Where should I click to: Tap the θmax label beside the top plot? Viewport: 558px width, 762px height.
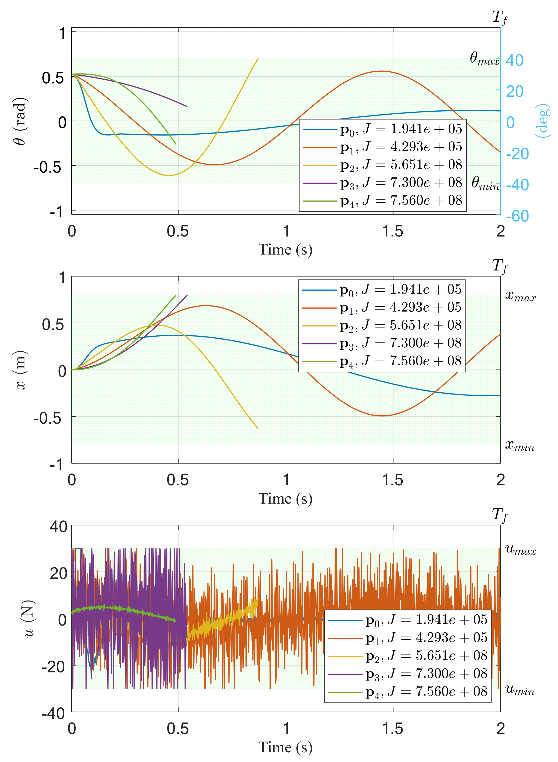pyautogui.click(x=484, y=58)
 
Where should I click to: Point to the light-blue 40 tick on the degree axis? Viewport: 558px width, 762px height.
pyautogui.click(x=514, y=61)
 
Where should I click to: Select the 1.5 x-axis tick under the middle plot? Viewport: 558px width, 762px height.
pyautogui.click(x=393, y=480)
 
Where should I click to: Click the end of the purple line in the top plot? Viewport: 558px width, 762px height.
pyautogui.click(x=187, y=106)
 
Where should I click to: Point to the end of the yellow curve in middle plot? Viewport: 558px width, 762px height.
pyautogui.click(x=258, y=428)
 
